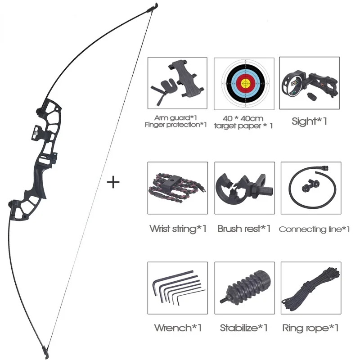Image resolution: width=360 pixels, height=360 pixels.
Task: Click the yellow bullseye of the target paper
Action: (245, 83)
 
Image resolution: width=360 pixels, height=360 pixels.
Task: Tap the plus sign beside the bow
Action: (113, 182)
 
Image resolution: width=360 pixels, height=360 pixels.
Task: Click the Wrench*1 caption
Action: (177, 327)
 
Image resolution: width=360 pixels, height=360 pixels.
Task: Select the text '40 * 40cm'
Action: (244, 118)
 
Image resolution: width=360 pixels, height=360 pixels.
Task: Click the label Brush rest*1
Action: (244, 229)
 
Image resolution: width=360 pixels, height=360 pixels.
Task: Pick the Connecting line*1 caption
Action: (314, 229)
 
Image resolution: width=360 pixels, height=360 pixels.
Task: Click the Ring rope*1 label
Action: (310, 327)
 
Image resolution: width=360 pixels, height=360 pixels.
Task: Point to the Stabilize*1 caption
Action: (243, 327)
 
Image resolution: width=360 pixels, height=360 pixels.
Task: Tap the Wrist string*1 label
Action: (178, 229)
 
